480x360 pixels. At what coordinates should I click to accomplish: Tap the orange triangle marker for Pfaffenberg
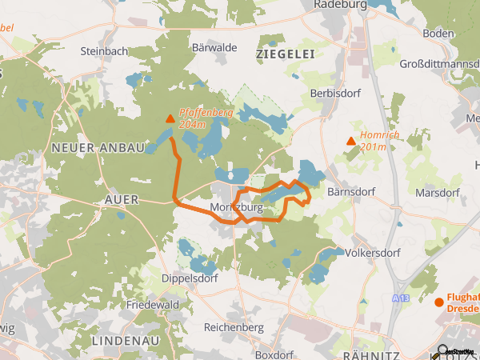point(170,120)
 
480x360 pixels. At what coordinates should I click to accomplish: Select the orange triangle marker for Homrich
point(350,142)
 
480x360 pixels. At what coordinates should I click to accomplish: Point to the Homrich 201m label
point(379,140)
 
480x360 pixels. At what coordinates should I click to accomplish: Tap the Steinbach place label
point(104,50)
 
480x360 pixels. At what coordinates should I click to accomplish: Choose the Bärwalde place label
point(214,48)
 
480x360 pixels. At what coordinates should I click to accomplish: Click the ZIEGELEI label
point(284,53)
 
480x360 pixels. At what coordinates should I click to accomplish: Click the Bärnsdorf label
point(352,192)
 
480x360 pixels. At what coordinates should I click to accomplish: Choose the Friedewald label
point(151,305)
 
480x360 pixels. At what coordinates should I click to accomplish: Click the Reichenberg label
point(234,327)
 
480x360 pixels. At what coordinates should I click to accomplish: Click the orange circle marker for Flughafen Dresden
point(438,302)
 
